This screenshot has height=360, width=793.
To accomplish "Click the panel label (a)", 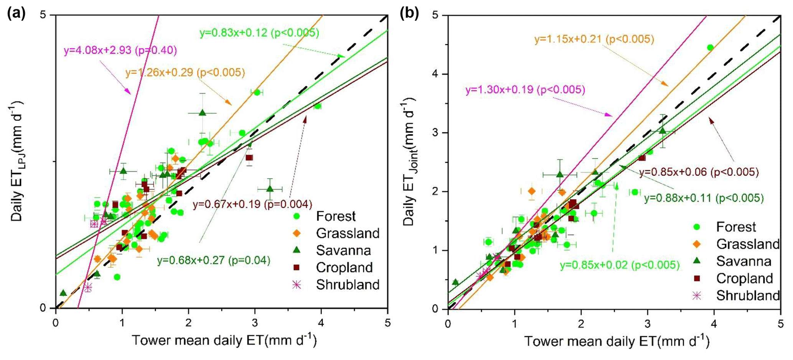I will [x=16, y=14].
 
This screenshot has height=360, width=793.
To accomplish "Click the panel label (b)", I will [x=409, y=14].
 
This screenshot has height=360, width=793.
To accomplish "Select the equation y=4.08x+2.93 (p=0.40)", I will [x=120, y=50].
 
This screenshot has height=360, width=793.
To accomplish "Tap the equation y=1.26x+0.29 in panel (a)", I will [x=185, y=72].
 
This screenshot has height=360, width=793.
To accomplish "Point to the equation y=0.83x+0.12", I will [x=259, y=33].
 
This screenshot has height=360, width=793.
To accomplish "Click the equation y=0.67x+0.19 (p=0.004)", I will [x=252, y=204].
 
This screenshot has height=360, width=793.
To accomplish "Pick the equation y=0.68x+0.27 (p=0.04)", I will [x=213, y=261].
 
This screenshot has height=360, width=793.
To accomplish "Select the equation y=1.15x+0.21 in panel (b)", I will [x=594, y=39].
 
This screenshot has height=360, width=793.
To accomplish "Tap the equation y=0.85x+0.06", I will [x=699, y=172].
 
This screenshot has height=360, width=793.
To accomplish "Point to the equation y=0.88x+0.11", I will [x=704, y=198].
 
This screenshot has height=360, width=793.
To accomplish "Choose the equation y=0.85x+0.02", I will [x=619, y=265].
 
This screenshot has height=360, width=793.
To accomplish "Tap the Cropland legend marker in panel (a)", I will [x=296, y=268].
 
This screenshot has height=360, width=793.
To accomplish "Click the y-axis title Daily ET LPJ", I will [x=17, y=161].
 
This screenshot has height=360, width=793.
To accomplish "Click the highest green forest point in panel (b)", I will [x=710, y=48].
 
